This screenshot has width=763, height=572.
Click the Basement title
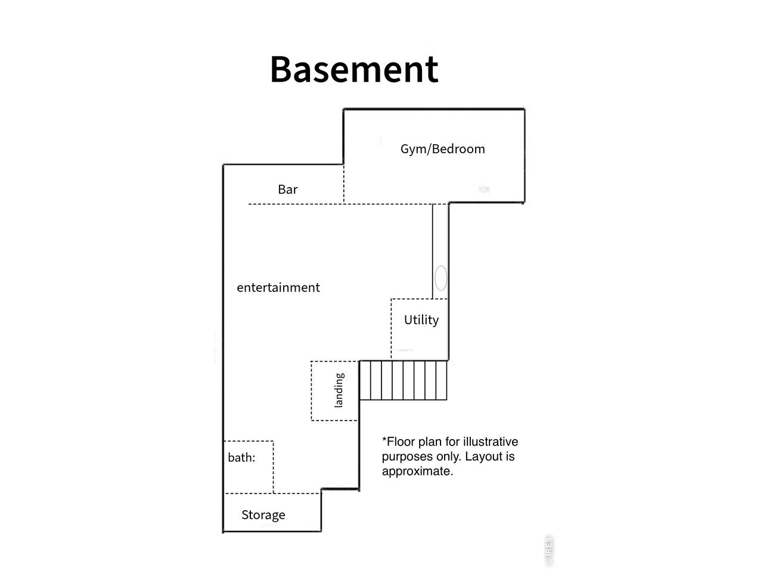tap(354, 70)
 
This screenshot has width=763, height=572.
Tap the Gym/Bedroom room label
tap(442, 150)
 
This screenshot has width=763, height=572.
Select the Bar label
tap(288, 189)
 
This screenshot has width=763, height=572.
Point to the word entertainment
tap(278, 288)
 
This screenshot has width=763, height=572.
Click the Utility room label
tap(421, 320)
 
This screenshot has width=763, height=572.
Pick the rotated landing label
tap(339, 390)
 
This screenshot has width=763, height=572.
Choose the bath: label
tap(241, 458)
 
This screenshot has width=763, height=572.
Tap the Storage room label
tap(263, 515)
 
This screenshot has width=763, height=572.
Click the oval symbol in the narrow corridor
tap(441, 278)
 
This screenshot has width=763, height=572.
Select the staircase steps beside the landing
tap(403, 381)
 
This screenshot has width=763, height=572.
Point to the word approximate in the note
tap(417, 472)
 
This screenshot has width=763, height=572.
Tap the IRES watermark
tap(548, 551)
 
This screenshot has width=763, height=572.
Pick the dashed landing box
tap(311, 391)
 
